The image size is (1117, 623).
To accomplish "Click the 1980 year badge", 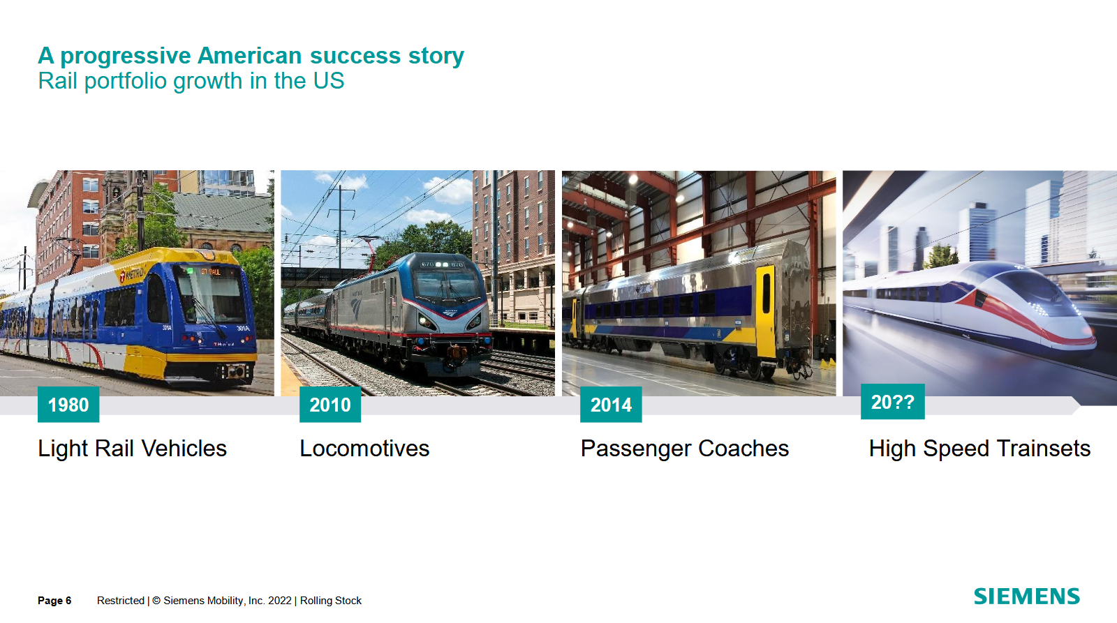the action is [68, 404].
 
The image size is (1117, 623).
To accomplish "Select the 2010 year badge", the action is [330, 404].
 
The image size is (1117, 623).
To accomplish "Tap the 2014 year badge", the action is [611, 404].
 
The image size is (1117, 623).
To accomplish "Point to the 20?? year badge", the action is [893, 401].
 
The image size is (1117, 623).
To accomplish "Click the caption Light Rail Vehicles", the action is [132, 449].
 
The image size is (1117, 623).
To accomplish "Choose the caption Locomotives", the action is [364, 449].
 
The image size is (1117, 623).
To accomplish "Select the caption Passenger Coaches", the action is [685, 449].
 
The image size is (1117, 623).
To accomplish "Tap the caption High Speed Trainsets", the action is [979, 449].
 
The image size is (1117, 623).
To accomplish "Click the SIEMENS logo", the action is [1027, 596].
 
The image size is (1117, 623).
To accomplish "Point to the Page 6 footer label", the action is [54, 601].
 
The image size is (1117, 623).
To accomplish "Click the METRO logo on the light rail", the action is [132, 274].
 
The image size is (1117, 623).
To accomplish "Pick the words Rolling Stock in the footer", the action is [331, 601].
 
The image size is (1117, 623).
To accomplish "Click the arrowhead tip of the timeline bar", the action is [1080, 406].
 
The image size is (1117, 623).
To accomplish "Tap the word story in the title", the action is [436, 56].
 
